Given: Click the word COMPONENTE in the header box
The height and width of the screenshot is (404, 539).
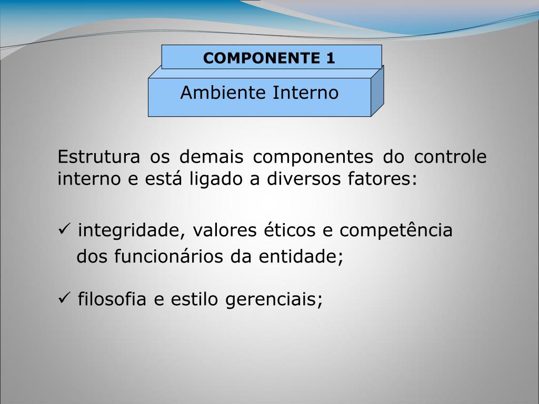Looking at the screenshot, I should [260, 58].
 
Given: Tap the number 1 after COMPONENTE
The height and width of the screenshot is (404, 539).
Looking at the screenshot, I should [330, 58].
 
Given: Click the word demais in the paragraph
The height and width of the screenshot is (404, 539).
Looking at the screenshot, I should [211, 157].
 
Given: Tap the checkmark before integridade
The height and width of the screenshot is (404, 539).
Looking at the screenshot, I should [64, 230].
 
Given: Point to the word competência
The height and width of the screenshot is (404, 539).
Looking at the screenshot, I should [396, 231].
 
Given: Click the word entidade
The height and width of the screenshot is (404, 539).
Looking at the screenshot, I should [300, 257].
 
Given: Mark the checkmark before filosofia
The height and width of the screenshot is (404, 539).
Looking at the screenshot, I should [64, 299].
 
